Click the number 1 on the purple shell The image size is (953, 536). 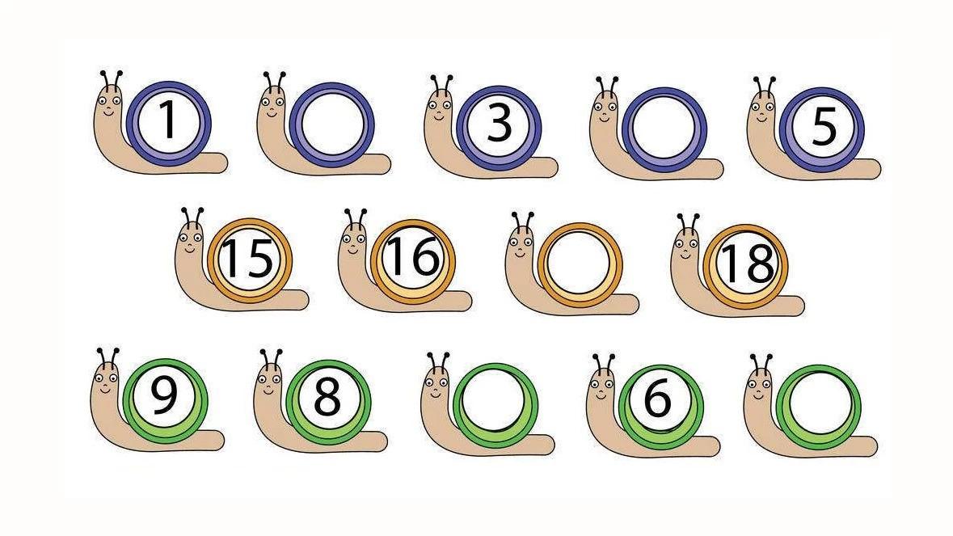coord(168,120)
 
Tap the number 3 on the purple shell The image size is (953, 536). coord(499,124)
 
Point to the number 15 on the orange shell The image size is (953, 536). coord(247,258)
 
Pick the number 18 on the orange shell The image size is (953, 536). coord(746,264)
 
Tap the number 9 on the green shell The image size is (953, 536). coord(163,395)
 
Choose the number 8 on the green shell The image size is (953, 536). coord(327,398)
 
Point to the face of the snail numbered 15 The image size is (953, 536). coord(191,241)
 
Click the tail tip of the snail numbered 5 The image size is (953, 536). coord(875,168)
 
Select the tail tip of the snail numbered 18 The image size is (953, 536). coord(799,306)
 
